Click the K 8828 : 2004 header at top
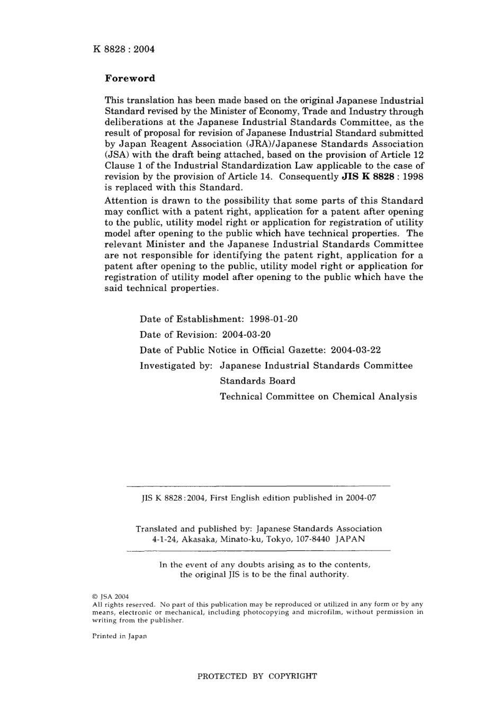(x=123, y=49)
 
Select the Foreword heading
(x=130, y=78)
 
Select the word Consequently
(x=309, y=177)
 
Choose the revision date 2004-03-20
(x=246, y=335)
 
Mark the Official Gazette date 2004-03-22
(x=355, y=350)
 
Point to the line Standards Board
(x=257, y=381)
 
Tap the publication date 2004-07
(x=361, y=498)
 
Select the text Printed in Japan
(x=119, y=636)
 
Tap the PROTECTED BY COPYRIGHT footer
(x=257, y=676)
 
